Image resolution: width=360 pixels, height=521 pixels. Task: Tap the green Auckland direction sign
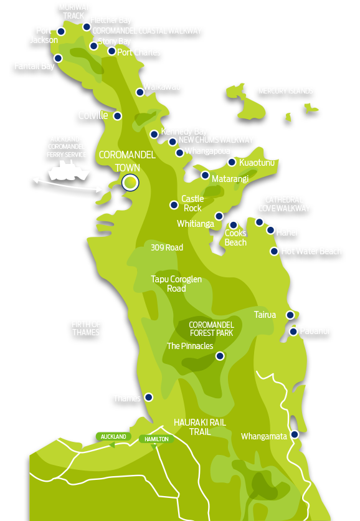point(113,437)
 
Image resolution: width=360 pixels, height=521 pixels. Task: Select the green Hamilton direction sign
point(155,439)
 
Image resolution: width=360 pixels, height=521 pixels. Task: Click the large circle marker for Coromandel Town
point(130,182)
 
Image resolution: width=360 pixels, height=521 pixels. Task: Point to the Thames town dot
point(149,397)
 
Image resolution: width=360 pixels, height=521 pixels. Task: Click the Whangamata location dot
point(295,434)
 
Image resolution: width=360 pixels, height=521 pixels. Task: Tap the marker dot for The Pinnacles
point(219,356)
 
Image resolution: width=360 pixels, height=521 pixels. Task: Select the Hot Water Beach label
point(311,251)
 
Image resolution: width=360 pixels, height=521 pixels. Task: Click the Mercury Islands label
point(285,91)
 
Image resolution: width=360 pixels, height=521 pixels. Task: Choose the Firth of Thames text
point(86,328)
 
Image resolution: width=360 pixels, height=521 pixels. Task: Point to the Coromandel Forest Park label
point(211,329)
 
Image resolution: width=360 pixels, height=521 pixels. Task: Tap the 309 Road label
point(167,247)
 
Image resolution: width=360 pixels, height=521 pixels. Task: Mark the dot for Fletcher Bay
point(87,27)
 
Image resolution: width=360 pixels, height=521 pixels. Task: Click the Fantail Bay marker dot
point(58,58)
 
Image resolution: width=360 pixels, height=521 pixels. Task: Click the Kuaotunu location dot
point(232,162)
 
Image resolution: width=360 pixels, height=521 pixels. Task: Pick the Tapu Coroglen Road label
point(176,284)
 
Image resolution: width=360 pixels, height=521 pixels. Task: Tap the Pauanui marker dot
point(293,332)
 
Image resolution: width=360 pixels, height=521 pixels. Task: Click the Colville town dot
point(117,116)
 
